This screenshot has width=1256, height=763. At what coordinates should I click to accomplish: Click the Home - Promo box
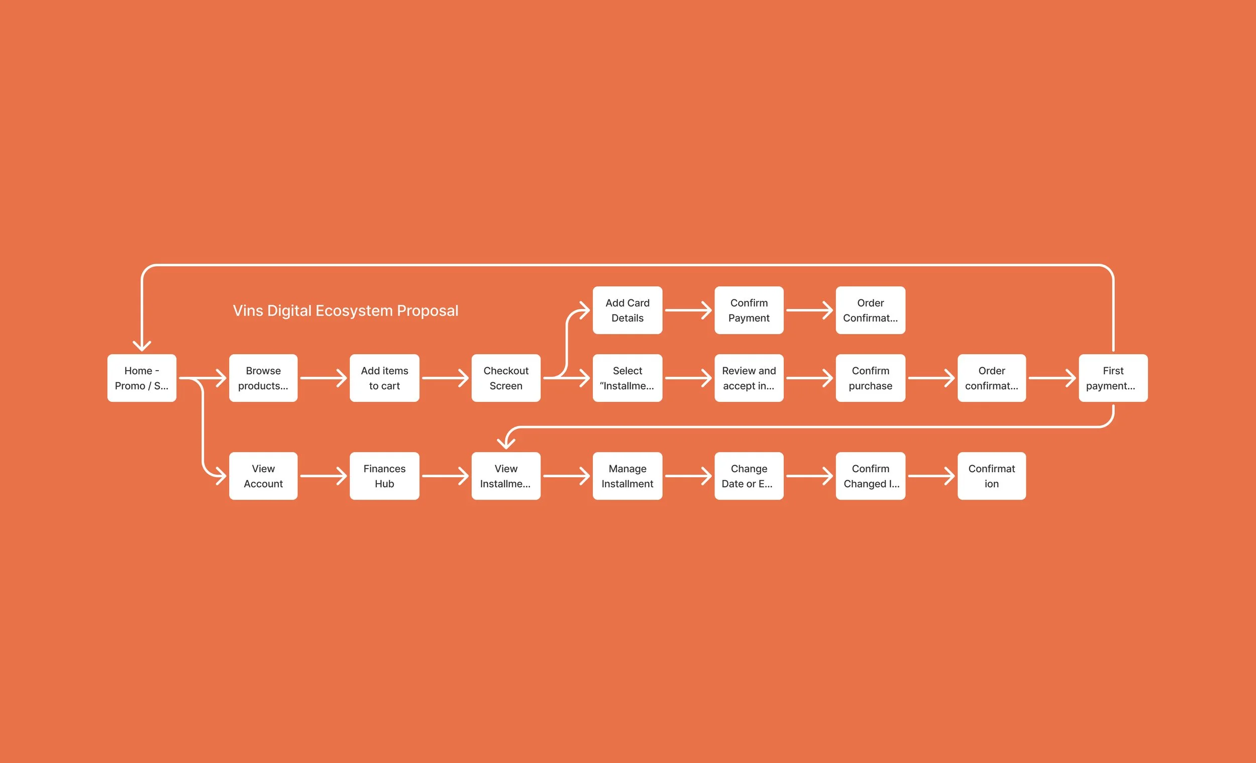(142, 378)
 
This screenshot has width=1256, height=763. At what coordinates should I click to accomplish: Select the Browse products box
(263, 378)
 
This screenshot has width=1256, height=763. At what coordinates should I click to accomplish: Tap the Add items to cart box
(384, 378)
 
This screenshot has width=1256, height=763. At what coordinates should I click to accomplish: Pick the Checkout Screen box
(505, 378)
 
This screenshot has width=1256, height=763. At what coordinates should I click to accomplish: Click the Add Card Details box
(627, 310)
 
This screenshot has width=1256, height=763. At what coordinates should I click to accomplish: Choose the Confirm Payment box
(749, 310)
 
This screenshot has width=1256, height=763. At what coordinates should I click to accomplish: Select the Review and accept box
(749, 378)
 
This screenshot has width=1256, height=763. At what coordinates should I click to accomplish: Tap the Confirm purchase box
(870, 378)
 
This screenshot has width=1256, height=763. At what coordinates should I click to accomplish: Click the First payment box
(1113, 378)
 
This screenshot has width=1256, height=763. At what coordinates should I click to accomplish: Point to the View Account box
(263, 476)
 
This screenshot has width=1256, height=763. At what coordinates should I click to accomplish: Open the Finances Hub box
(384, 476)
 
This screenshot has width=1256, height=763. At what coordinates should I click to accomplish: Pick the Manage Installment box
(627, 476)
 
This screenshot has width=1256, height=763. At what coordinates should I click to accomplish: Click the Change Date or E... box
(749, 476)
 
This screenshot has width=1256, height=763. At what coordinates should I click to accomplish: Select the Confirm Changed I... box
(870, 476)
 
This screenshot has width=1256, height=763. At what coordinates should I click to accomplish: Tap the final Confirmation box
(991, 476)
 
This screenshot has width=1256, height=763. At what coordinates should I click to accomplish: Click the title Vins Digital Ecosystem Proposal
(346, 310)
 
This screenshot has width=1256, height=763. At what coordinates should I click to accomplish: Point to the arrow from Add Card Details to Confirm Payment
(688, 310)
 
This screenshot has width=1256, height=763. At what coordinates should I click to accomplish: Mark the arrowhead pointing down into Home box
(142, 346)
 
